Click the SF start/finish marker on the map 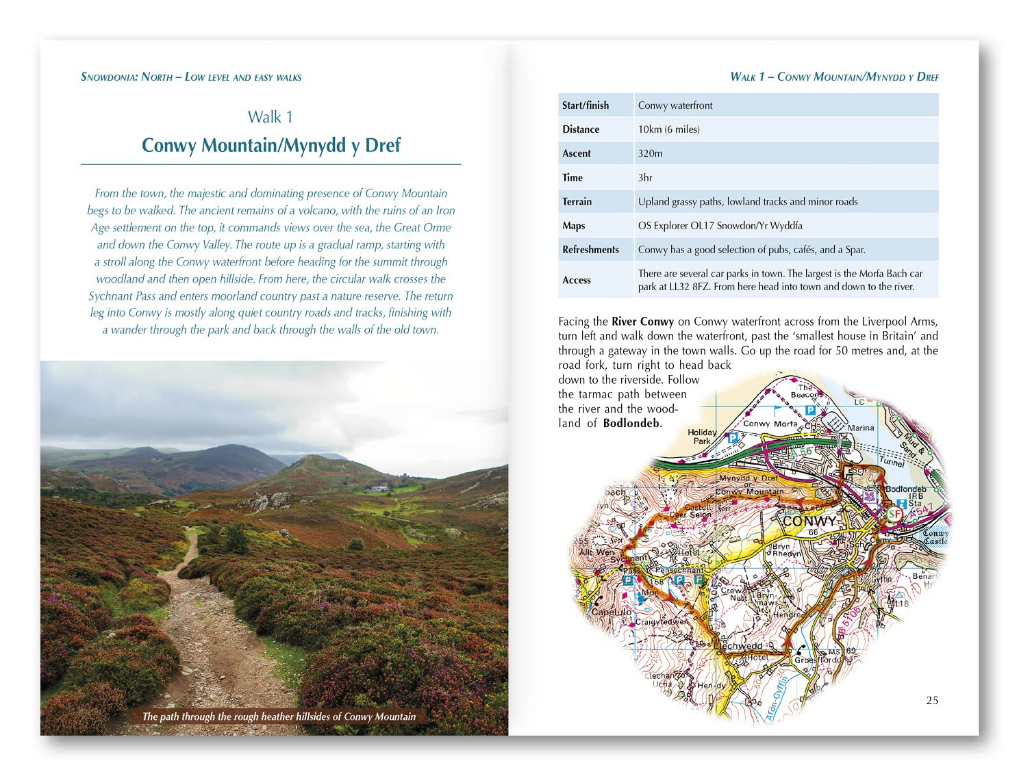click(x=894, y=513)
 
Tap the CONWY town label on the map click(x=809, y=521)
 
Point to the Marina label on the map click(x=861, y=428)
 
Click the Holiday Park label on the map click(x=702, y=437)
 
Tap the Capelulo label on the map click(x=611, y=612)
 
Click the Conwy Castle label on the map click(x=935, y=536)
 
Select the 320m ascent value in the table click(x=650, y=153)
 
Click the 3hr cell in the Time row click(x=645, y=177)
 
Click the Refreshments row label click(x=590, y=250)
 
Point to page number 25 click(x=932, y=700)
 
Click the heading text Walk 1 click(x=270, y=117)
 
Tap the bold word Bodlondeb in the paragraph click(x=631, y=423)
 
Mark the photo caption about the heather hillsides click(x=279, y=716)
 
